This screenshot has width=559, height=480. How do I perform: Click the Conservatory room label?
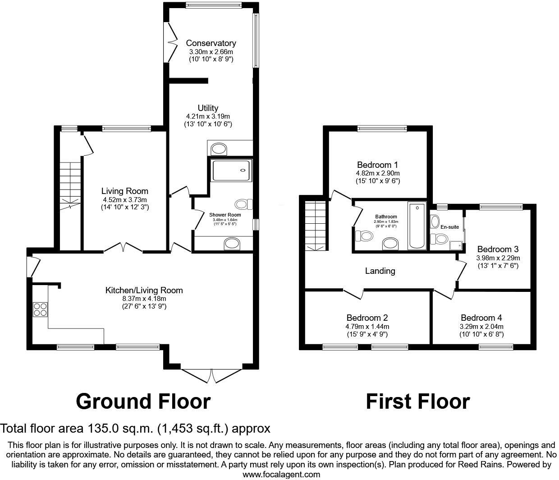click(x=211, y=43)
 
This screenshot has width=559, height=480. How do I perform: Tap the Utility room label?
click(x=208, y=108)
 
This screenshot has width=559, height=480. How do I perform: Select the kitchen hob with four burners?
click(x=40, y=309)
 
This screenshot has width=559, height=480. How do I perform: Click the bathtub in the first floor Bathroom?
click(x=417, y=226)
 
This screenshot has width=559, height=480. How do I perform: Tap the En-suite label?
click(x=449, y=227)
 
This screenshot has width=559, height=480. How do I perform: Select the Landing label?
click(x=380, y=271)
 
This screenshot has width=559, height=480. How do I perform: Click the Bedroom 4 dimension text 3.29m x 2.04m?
click(x=481, y=327)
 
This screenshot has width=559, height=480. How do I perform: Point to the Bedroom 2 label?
click(x=367, y=318)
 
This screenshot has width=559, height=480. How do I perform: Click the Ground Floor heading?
click(x=143, y=401)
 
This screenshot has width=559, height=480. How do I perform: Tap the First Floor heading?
click(x=417, y=401)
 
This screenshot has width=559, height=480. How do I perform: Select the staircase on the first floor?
click(x=315, y=226)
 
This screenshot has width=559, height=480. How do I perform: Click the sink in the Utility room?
click(x=220, y=148)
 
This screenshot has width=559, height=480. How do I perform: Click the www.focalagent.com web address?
click(x=281, y=474)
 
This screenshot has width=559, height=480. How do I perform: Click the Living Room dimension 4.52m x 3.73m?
click(x=124, y=199)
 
